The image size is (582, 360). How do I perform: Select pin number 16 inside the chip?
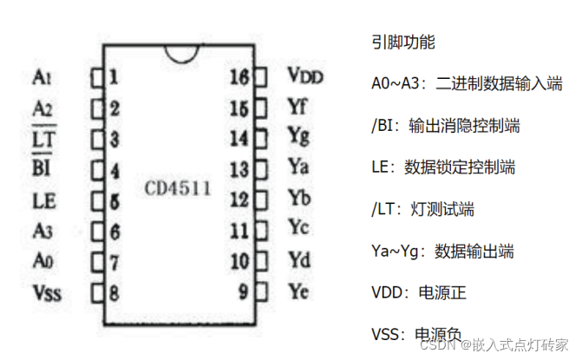point(239,77)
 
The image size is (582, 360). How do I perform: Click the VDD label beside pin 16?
point(304,76)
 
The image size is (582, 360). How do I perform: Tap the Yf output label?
point(298,107)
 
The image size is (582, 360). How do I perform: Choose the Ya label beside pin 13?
point(298,167)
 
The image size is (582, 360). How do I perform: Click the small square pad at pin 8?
point(97,291)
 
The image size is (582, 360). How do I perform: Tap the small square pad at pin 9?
point(259,290)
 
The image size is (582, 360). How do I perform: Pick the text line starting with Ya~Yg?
point(441,252)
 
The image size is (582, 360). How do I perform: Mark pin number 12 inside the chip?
point(239,199)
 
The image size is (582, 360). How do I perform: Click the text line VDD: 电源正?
point(418,293)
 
